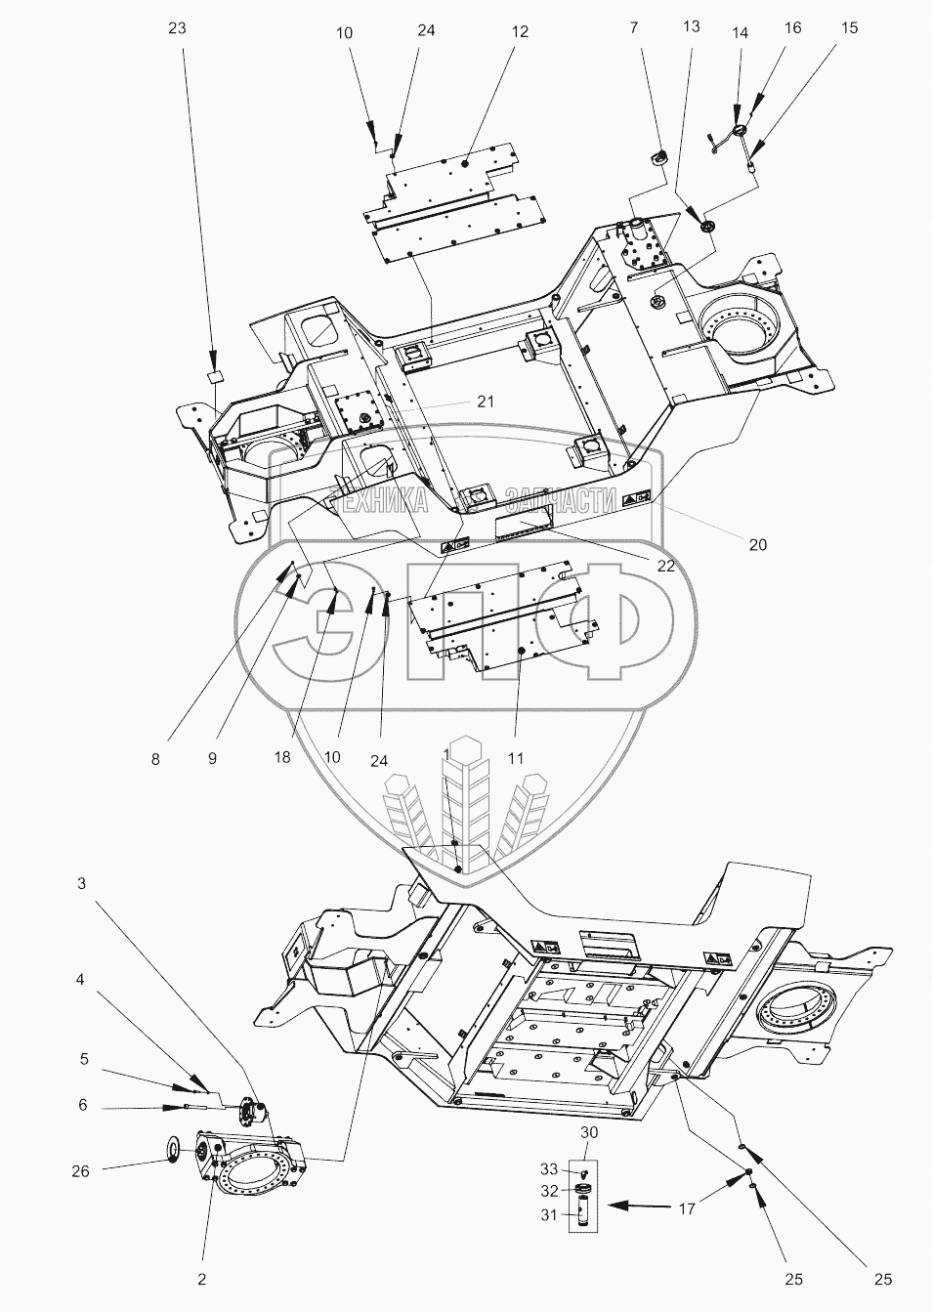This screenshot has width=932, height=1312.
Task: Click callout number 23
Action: [x=176, y=28]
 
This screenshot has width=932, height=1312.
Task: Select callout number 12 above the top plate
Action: [x=519, y=32]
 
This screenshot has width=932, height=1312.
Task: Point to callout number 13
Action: [x=691, y=26]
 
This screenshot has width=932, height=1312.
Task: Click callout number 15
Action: [x=849, y=28]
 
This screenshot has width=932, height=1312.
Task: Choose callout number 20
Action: [x=758, y=545]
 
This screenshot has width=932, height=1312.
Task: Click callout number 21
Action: [x=486, y=402]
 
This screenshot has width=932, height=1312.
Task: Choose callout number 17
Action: [x=687, y=1208]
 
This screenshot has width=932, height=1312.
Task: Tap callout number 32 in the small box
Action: [x=550, y=1190]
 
